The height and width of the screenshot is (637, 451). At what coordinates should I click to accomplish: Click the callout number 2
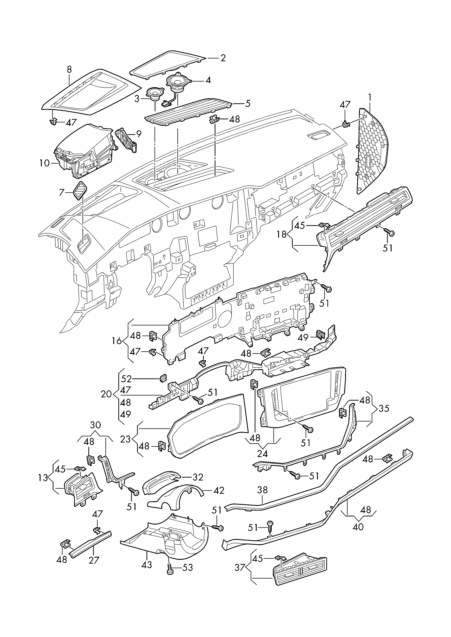[x=223, y=58]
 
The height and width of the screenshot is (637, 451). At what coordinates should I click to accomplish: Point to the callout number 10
[x=44, y=163]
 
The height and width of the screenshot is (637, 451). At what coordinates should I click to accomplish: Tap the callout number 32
[x=198, y=477]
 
